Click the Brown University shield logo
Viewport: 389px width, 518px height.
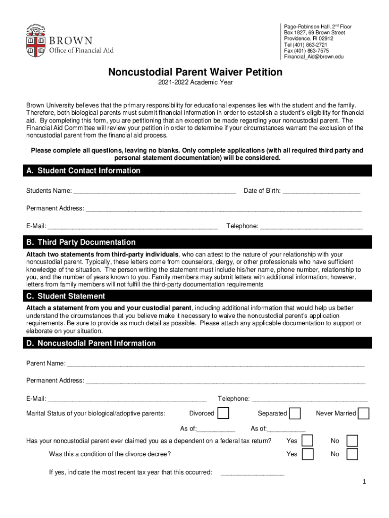click(36, 40)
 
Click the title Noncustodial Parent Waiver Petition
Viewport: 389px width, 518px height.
click(195, 72)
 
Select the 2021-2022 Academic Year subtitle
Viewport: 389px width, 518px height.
click(195, 82)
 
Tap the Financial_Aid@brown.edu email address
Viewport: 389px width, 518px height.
click(313, 57)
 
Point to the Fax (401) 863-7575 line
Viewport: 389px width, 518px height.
click(306, 51)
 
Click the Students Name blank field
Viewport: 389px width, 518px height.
click(155, 191)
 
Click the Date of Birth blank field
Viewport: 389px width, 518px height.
click(321, 191)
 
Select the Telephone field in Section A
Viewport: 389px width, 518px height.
click(311, 226)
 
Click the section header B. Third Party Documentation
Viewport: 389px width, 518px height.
click(81, 242)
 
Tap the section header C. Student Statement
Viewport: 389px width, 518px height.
click(66, 296)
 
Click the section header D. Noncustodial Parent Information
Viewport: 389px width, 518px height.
click(91, 343)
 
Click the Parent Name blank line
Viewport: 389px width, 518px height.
click(215, 364)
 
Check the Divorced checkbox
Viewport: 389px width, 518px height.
click(223, 413)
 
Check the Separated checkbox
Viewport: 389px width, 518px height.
click(295, 413)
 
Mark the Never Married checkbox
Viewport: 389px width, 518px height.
click(363, 413)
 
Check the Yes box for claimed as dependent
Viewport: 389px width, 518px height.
click(307, 441)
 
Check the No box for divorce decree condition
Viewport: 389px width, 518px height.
click(352, 454)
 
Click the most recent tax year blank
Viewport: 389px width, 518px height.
click(253, 473)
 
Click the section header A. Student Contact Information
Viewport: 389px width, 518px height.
click(83, 170)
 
